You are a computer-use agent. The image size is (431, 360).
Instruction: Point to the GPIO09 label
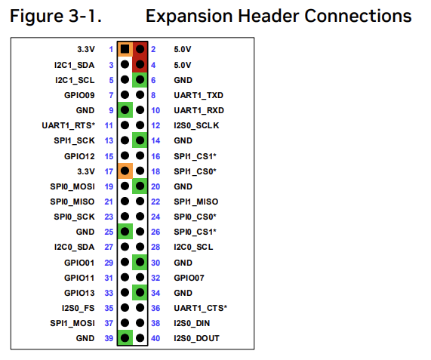point(81,95)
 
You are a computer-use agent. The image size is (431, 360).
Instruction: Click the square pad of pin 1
point(125,50)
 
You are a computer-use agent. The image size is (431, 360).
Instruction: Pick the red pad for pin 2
point(140,50)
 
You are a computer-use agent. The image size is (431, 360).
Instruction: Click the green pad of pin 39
point(125,338)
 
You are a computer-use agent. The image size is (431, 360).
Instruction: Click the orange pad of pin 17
point(125,171)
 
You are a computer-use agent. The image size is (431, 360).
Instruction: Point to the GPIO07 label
point(189,278)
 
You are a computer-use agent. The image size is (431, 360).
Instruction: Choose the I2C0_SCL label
point(193,247)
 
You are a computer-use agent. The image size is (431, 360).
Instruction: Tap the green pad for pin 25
point(125,232)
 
